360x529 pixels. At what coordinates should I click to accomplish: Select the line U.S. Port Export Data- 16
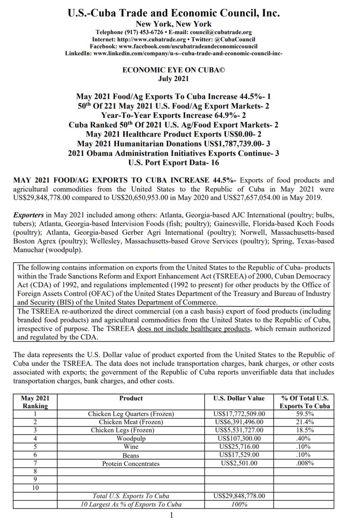pos(180,162)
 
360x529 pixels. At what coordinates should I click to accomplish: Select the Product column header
pos(131,398)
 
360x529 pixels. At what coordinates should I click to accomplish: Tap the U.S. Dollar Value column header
pos(239,398)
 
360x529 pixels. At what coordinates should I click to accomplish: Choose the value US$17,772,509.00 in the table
pos(239,414)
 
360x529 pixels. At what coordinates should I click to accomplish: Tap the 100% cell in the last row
pos(239,504)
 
